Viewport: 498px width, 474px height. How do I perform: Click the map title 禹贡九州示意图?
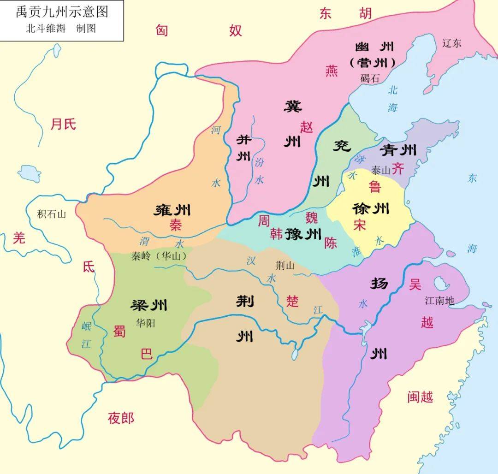[62, 12]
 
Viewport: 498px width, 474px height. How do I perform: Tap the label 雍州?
[172, 211]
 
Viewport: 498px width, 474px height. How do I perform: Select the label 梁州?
[149, 305]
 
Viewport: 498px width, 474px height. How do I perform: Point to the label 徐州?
[371, 209]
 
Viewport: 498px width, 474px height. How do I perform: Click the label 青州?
[398, 150]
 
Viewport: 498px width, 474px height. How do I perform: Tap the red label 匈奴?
[198, 30]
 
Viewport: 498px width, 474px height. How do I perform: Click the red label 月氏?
[63, 124]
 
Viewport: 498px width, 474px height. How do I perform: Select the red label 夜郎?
[121, 418]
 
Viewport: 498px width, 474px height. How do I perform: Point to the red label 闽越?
[420, 397]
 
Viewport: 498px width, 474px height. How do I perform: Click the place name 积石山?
[52, 214]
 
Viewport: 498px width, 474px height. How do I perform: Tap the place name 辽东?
[451, 43]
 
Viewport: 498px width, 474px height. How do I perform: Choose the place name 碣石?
[370, 78]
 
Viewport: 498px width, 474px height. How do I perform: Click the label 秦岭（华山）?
[159, 256]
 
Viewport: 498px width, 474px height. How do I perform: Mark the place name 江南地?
[439, 301]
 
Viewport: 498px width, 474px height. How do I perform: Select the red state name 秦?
[176, 225]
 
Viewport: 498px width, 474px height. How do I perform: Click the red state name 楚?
[292, 301]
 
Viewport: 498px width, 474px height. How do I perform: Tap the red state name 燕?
[332, 71]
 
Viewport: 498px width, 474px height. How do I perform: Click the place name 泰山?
[380, 170]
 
